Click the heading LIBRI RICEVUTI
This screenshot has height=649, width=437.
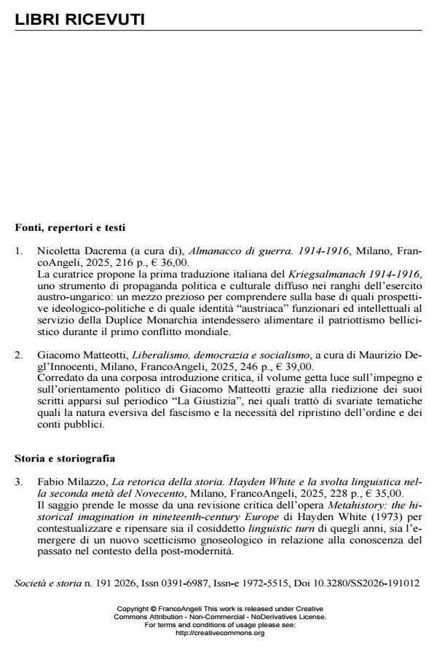(x=79, y=20)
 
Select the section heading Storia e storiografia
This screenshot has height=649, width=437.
(x=65, y=460)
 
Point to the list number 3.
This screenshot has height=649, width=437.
(x=19, y=482)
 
